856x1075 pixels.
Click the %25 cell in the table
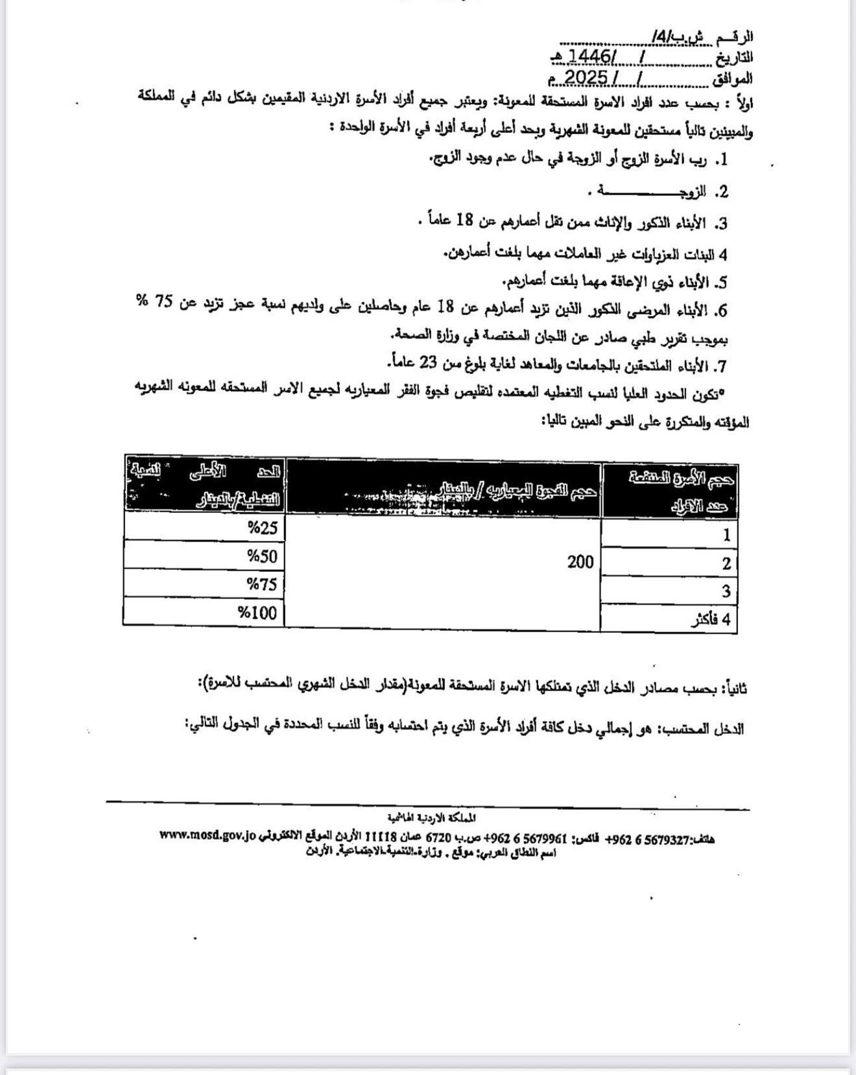coord(262,528)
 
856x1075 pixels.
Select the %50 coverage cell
coord(262,556)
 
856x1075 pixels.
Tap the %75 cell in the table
coord(262,584)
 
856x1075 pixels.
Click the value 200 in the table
coord(580,562)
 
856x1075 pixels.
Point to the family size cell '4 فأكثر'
coord(711,619)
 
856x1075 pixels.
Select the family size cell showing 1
coord(726,535)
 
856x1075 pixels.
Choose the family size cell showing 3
coord(726,591)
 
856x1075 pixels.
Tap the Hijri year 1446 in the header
coord(590,57)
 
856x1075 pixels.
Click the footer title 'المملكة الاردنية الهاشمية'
coord(431,818)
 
